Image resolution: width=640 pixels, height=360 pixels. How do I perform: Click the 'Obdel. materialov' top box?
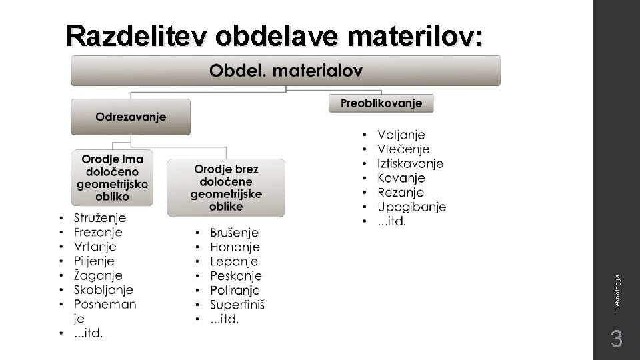coord(286,70)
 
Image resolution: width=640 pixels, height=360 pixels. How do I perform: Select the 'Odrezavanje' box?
coord(131,117)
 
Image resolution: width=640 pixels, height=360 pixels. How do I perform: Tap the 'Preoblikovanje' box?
coord(381,103)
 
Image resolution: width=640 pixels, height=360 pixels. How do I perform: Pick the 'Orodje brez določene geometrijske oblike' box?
coord(226,187)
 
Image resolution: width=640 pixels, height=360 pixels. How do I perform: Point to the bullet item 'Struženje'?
coord(100,217)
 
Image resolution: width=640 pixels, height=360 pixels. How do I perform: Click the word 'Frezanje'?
coord(98,232)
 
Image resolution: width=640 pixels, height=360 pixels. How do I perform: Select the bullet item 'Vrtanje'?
coord(95,247)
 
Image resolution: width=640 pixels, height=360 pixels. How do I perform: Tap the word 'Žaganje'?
coord(98,275)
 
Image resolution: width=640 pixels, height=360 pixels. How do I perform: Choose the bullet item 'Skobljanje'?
coord(103,290)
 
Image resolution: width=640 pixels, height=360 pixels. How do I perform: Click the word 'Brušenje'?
coord(234,233)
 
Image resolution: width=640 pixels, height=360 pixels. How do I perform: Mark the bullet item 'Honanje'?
coord(235,247)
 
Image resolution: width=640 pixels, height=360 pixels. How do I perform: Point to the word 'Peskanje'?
coord(236,276)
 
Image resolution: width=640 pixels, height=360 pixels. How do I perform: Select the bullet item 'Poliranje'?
coord(235,291)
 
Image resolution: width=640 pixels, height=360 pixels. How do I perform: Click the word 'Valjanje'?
coord(401,135)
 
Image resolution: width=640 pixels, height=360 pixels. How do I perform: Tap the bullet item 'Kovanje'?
coord(401,178)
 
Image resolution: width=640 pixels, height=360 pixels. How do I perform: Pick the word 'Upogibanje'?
coord(411,207)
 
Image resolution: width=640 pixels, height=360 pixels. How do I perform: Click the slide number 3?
coord(617,340)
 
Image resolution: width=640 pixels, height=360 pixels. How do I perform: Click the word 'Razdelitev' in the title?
coord(138,37)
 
